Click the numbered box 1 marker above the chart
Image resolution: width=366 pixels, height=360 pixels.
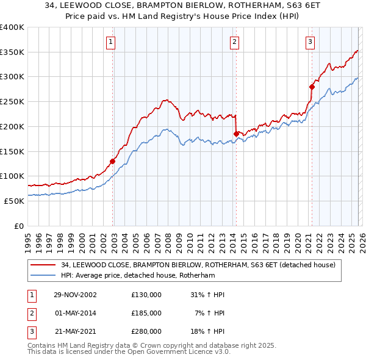110,41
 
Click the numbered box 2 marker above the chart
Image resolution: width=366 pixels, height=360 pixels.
235,41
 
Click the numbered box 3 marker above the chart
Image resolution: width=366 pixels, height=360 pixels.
310,41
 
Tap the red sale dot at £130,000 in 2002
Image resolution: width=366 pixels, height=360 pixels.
112,161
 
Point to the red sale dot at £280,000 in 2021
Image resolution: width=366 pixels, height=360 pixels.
312,87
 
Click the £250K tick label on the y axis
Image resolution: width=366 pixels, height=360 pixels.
12,101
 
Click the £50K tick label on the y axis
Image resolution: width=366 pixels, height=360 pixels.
15,201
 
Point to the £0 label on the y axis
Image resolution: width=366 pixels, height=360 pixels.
19,226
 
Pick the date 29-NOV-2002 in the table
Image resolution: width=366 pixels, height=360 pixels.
76,295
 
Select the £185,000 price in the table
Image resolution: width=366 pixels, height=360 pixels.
146,312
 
